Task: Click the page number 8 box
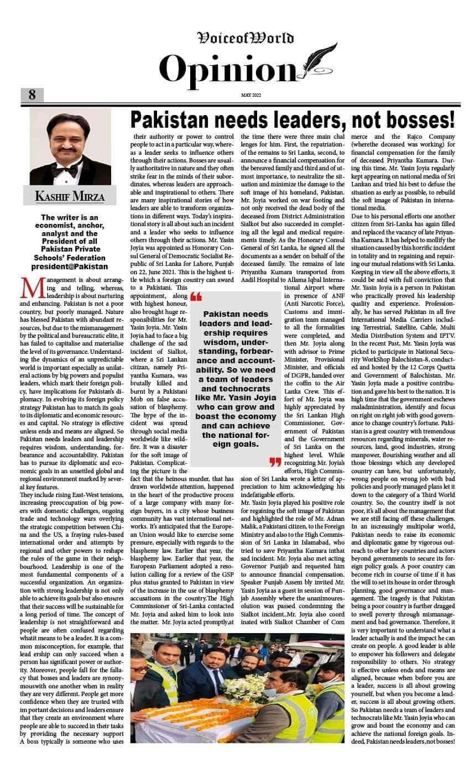pyautogui.click(x=32, y=95)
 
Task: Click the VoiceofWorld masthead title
pyautogui.click(x=246, y=38)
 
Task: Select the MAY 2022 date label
pyautogui.click(x=250, y=95)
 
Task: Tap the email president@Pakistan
pyautogui.click(x=69, y=266)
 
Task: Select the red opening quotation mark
pyautogui.click(x=196, y=299)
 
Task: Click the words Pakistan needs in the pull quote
pyautogui.click(x=236, y=314)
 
